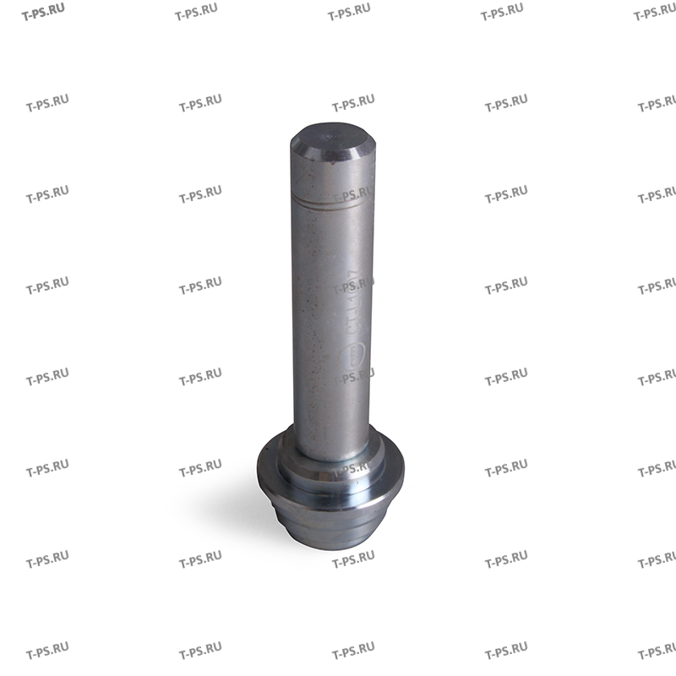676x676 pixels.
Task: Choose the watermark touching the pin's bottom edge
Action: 353,559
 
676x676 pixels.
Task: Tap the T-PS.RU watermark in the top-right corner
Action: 656,13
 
